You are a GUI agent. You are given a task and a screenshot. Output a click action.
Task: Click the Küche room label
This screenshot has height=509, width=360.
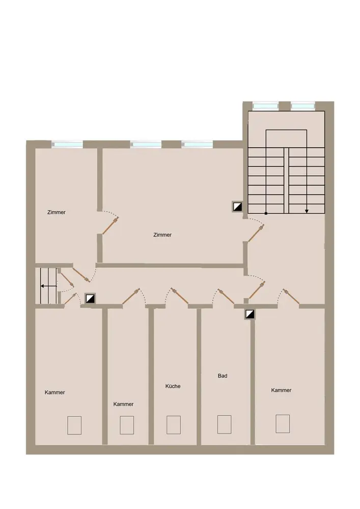coord(173,386)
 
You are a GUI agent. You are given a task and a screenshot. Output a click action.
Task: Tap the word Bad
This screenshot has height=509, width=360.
coord(223,376)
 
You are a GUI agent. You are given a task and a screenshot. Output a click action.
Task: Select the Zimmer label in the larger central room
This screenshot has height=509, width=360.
coord(162,235)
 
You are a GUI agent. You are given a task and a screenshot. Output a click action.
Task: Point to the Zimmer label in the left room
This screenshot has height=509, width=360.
coord(57,212)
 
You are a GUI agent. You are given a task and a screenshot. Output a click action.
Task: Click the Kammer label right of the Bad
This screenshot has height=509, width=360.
coord(281,390)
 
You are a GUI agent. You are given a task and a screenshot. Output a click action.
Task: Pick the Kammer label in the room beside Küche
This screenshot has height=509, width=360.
coord(123,404)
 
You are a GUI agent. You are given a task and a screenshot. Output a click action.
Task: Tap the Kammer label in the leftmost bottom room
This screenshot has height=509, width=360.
coord(55,392)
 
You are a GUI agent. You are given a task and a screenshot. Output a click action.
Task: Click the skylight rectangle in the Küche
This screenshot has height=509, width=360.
coord(173,425)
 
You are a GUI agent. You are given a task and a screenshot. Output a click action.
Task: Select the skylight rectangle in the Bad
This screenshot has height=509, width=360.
coord(225,425)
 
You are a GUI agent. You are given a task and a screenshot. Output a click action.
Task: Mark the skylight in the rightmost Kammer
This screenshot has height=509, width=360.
coord(283,423)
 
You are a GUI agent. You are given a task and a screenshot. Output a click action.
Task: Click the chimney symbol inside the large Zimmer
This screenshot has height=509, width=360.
coord(238,207)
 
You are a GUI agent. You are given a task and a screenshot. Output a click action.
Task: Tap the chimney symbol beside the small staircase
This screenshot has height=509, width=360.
coord(90,298)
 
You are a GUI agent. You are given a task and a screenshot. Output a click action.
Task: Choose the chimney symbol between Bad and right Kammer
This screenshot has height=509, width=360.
coord(250,314)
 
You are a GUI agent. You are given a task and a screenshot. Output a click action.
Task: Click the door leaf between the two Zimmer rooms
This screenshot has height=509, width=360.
coord(109,227)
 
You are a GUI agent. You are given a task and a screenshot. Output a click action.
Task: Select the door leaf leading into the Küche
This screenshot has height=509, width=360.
coord(180,297)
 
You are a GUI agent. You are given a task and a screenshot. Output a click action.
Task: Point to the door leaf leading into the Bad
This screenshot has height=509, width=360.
coord(227,297)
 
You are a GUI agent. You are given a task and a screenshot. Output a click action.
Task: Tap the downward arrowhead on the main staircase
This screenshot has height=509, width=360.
coord(307,211)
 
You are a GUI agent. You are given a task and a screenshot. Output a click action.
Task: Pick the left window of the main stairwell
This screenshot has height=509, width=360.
coord(265,106)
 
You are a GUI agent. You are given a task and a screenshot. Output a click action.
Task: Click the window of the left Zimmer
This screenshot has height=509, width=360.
coord(67,144)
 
